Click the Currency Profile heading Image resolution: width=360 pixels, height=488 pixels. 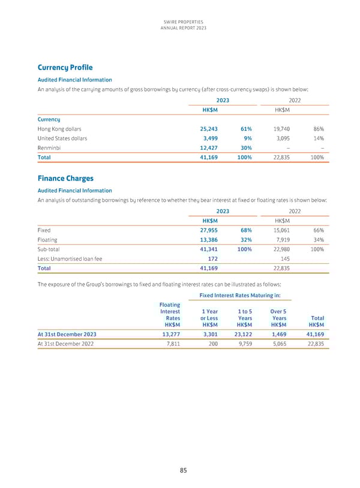[65, 68]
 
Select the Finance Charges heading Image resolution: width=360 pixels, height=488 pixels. [66, 178]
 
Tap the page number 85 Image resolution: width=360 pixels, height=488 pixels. [182, 471]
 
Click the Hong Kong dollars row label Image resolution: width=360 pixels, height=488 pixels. [59, 129]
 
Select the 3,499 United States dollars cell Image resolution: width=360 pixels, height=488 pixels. [210, 138]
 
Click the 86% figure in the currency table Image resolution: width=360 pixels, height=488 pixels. [318, 129]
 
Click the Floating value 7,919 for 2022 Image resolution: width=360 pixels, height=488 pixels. [281, 239]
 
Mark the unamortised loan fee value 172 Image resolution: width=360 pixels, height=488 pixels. [212, 258]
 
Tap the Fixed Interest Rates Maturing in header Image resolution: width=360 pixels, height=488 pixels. [244, 295]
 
